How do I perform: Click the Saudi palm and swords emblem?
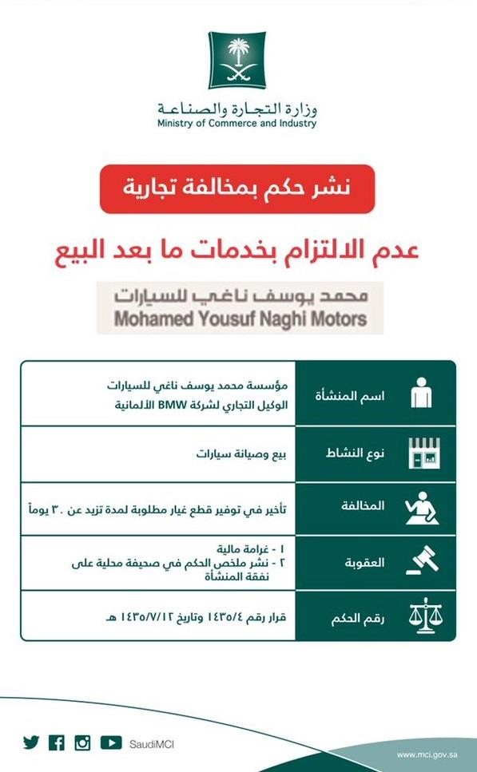(237, 60)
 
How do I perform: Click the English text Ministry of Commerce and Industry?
(237, 124)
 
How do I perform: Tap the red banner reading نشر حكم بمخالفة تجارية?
(237, 189)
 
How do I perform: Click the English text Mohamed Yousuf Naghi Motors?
(240, 319)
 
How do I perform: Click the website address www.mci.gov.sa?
(427, 754)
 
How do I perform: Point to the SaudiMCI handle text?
(151, 744)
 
